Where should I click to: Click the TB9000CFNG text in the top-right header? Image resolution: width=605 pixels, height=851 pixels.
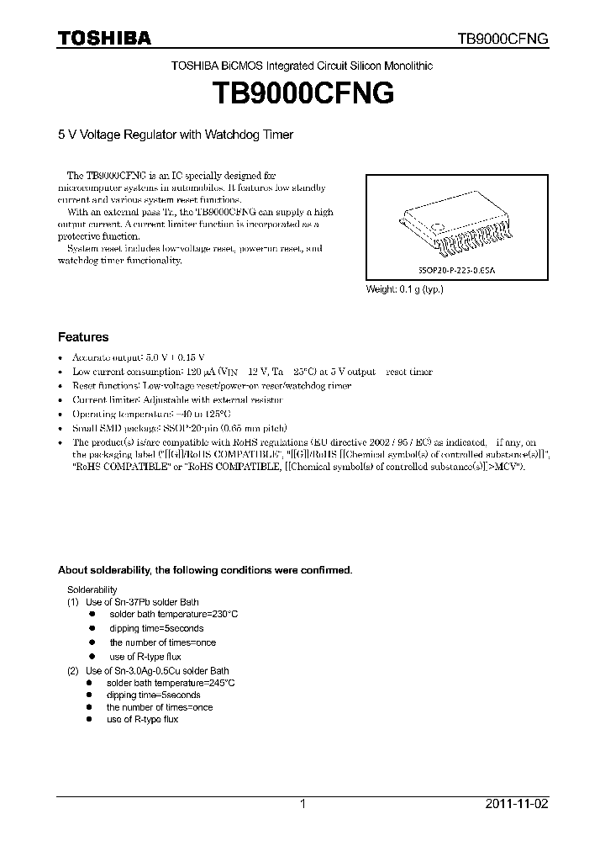click(502, 39)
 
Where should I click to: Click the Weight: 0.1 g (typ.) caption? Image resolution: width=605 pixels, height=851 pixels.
click(404, 289)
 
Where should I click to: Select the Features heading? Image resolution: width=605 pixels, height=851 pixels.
click(82, 337)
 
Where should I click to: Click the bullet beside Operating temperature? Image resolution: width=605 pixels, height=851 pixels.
click(60, 415)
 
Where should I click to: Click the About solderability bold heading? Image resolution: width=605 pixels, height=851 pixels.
click(204, 569)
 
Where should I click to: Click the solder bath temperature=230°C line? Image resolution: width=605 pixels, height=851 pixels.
click(173, 615)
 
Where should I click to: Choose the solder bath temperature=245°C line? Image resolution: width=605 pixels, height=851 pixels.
click(171, 684)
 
